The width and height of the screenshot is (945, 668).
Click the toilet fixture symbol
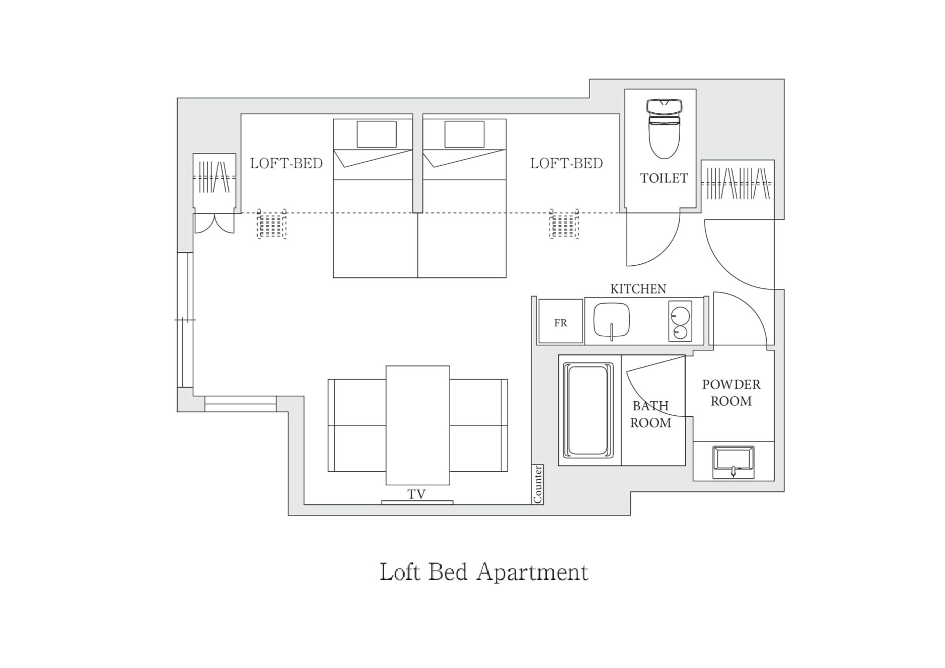664,129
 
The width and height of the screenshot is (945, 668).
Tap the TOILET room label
664,178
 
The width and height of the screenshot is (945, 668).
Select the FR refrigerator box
560,321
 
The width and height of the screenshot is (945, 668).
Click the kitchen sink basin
612,320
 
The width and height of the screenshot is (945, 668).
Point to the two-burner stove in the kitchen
680,321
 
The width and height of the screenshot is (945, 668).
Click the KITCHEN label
638,289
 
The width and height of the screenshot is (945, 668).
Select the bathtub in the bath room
588,410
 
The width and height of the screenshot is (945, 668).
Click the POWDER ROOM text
731,393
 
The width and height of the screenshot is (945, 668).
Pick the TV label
417,494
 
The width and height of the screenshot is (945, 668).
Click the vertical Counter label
538,484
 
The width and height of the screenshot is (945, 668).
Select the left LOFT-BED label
286,163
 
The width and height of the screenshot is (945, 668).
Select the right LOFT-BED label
566,163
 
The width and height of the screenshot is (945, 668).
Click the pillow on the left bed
377,134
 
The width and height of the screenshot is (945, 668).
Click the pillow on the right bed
464,134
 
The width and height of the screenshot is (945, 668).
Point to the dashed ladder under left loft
272,224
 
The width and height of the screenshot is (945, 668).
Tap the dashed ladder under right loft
564,224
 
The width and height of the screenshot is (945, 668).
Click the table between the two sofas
418,425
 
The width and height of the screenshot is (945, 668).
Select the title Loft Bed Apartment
484,572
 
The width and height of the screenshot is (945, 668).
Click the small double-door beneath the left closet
214,224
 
